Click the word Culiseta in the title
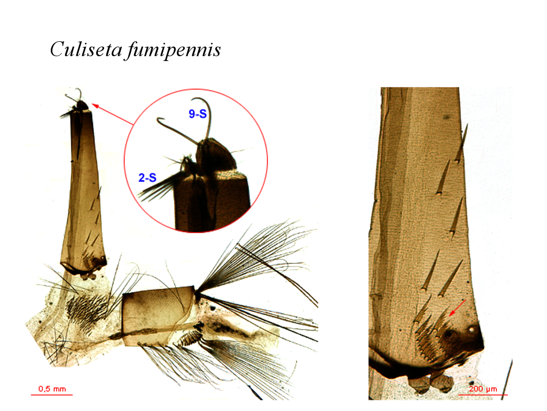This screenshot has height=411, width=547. point(86,49)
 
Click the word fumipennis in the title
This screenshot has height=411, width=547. point(174,50)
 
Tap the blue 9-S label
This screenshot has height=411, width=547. point(198,113)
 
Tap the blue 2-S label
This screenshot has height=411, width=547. point(147,178)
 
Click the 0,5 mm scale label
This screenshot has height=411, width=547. point(52,389)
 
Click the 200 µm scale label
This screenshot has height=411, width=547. point(482,389)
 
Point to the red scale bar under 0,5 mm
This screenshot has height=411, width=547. point(52,395)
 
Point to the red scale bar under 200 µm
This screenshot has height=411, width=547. point(482,395)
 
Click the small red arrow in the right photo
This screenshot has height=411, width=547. point(457,308)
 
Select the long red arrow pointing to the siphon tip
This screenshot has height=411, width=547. point(112,114)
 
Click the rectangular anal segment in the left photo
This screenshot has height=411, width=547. point(158,316)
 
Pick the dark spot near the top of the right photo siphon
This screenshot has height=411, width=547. point(446,117)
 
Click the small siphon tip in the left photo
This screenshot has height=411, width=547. point(80,105)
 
